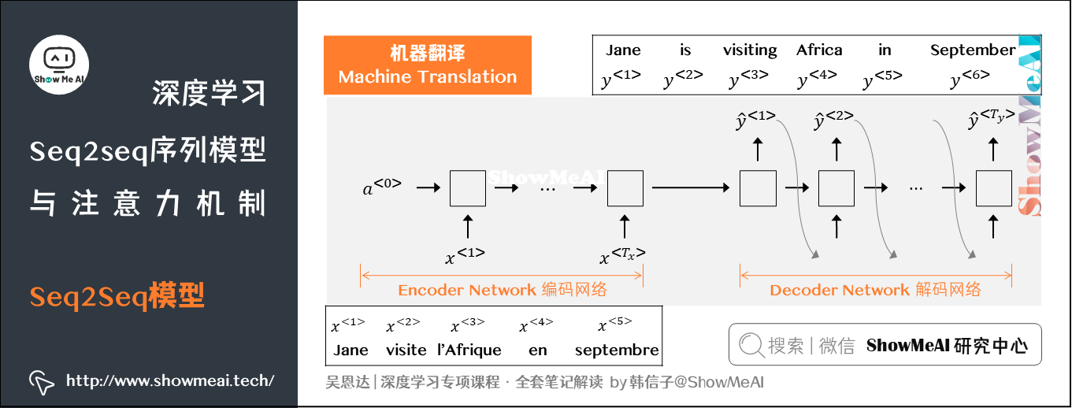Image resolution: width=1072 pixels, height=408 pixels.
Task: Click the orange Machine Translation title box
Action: (428, 65)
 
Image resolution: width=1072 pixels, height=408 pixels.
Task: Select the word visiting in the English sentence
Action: (749, 50)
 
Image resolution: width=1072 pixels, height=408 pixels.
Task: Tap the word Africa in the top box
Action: (819, 50)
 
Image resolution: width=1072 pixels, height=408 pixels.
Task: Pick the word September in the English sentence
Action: (973, 50)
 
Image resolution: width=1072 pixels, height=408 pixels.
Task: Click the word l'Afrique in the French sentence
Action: (469, 350)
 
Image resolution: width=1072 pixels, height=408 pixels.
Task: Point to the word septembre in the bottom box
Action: (617, 350)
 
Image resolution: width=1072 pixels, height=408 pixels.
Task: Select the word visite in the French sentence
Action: (406, 350)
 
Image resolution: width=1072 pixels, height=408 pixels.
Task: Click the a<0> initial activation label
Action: (382, 188)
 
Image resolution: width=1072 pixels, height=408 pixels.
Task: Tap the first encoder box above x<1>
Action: (468, 188)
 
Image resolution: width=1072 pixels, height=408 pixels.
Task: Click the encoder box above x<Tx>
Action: (625, 188)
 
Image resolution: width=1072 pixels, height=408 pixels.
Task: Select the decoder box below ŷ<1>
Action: (758, 188)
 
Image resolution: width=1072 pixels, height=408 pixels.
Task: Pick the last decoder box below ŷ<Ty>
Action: (994, 188)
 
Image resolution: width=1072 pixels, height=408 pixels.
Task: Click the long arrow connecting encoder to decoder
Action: (691, 188)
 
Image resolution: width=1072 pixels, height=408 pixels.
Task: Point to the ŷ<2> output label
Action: (834, 121)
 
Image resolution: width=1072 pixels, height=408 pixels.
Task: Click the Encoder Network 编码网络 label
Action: (503, 290)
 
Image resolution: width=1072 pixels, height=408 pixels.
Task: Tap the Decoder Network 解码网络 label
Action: (875, 290)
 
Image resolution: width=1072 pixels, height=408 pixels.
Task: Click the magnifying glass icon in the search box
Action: (751, 345)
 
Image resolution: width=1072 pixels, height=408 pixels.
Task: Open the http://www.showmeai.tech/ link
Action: (170, 381)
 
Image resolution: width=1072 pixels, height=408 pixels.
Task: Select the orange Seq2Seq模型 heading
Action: (117, 296)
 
